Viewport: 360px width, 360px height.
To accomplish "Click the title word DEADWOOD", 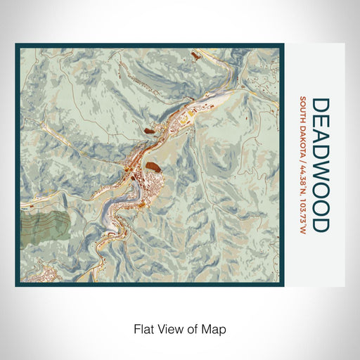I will coord(319,165).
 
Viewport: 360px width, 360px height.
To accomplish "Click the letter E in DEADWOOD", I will coord(319,120).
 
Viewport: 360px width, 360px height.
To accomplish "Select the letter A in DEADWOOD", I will coord(319,136).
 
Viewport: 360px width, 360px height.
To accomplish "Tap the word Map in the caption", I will coord(214,328).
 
